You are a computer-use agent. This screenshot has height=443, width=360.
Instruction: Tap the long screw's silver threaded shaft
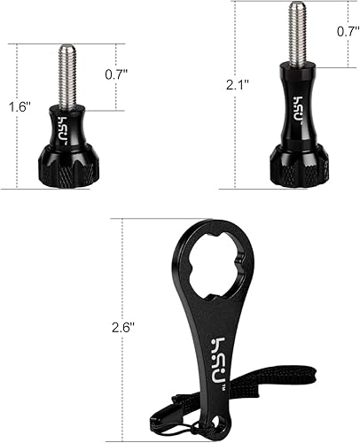(295, 35)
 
